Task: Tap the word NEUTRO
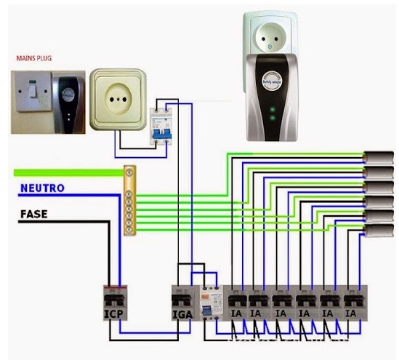[x=42, y=188]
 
